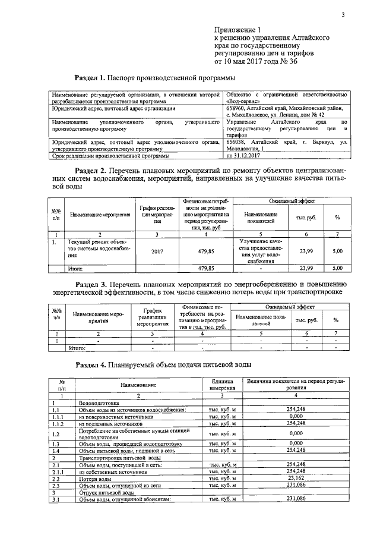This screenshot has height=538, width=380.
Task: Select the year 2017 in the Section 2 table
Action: (157, 251)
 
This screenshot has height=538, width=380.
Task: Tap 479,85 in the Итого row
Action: (205, 269)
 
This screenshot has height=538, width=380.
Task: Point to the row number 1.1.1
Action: (59, 417)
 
